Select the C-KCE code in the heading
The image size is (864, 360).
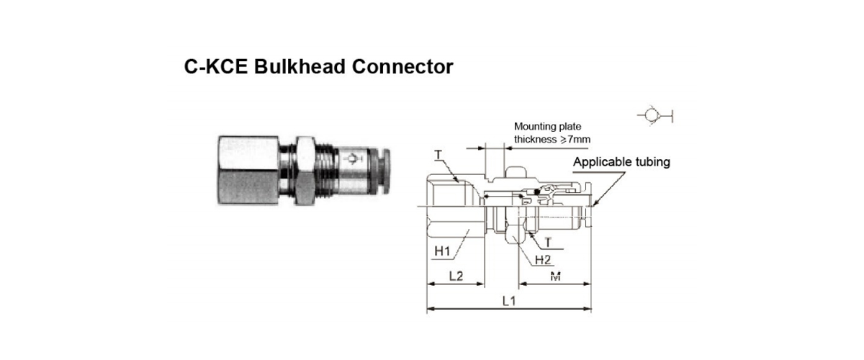pyautogui.click(x=215, y=67)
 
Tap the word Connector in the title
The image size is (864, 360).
pyautogui.click(x=402, y=67)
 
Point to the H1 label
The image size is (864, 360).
pyautogui.click(x=442, y=251)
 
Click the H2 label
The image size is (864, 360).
pyautogui.click(x=543, y=260)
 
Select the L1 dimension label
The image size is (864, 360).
pyautogui.click(x=509, y=301)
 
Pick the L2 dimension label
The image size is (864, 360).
pyautogui.click(x=456, y=276)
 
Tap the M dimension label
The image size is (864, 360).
pyautogui.click(x=555, y=276)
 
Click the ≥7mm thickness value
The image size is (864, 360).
pyautogui.click(x=575, y=139)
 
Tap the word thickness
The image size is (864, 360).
pyautogui.click(x=536, y=139)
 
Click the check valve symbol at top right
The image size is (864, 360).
pyautogui.click(x=654, y=115)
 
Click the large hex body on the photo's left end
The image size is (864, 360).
pyautogui.click(x=248, y=170)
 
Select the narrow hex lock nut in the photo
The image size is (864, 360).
pyautogui.click(x=305, y=170)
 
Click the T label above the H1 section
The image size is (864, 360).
pyautogui.click(x=438, y=155)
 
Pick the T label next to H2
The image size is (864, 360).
pyautogui.click(x=548, y=243)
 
